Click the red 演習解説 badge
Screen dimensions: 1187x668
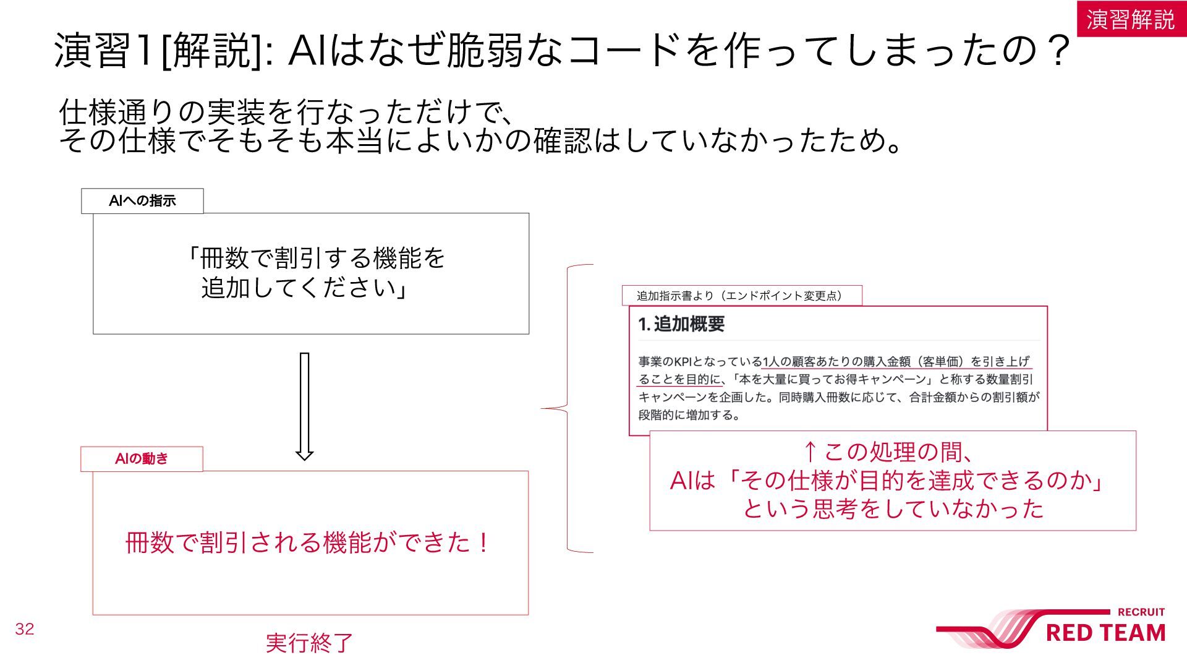(x=1131, y=19)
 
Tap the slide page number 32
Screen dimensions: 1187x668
(x=25, y=629)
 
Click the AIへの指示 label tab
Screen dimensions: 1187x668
(x=142, y=201)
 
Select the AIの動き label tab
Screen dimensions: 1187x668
(x=142, y=459)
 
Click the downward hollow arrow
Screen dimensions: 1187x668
(x=304, y=406)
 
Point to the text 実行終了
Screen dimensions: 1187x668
(x=309, y=643)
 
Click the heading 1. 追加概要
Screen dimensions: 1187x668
(x=681, y=324)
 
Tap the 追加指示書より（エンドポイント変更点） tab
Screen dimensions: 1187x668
(x=742, y=296)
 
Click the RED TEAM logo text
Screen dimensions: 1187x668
(x=1105, y=633)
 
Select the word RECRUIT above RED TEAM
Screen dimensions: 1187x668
(x=1141, y=612)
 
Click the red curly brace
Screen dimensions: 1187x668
(x=568, y=408)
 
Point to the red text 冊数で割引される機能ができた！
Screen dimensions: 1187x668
(x=308, y=543)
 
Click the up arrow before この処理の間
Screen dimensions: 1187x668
(x=810, y=452)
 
